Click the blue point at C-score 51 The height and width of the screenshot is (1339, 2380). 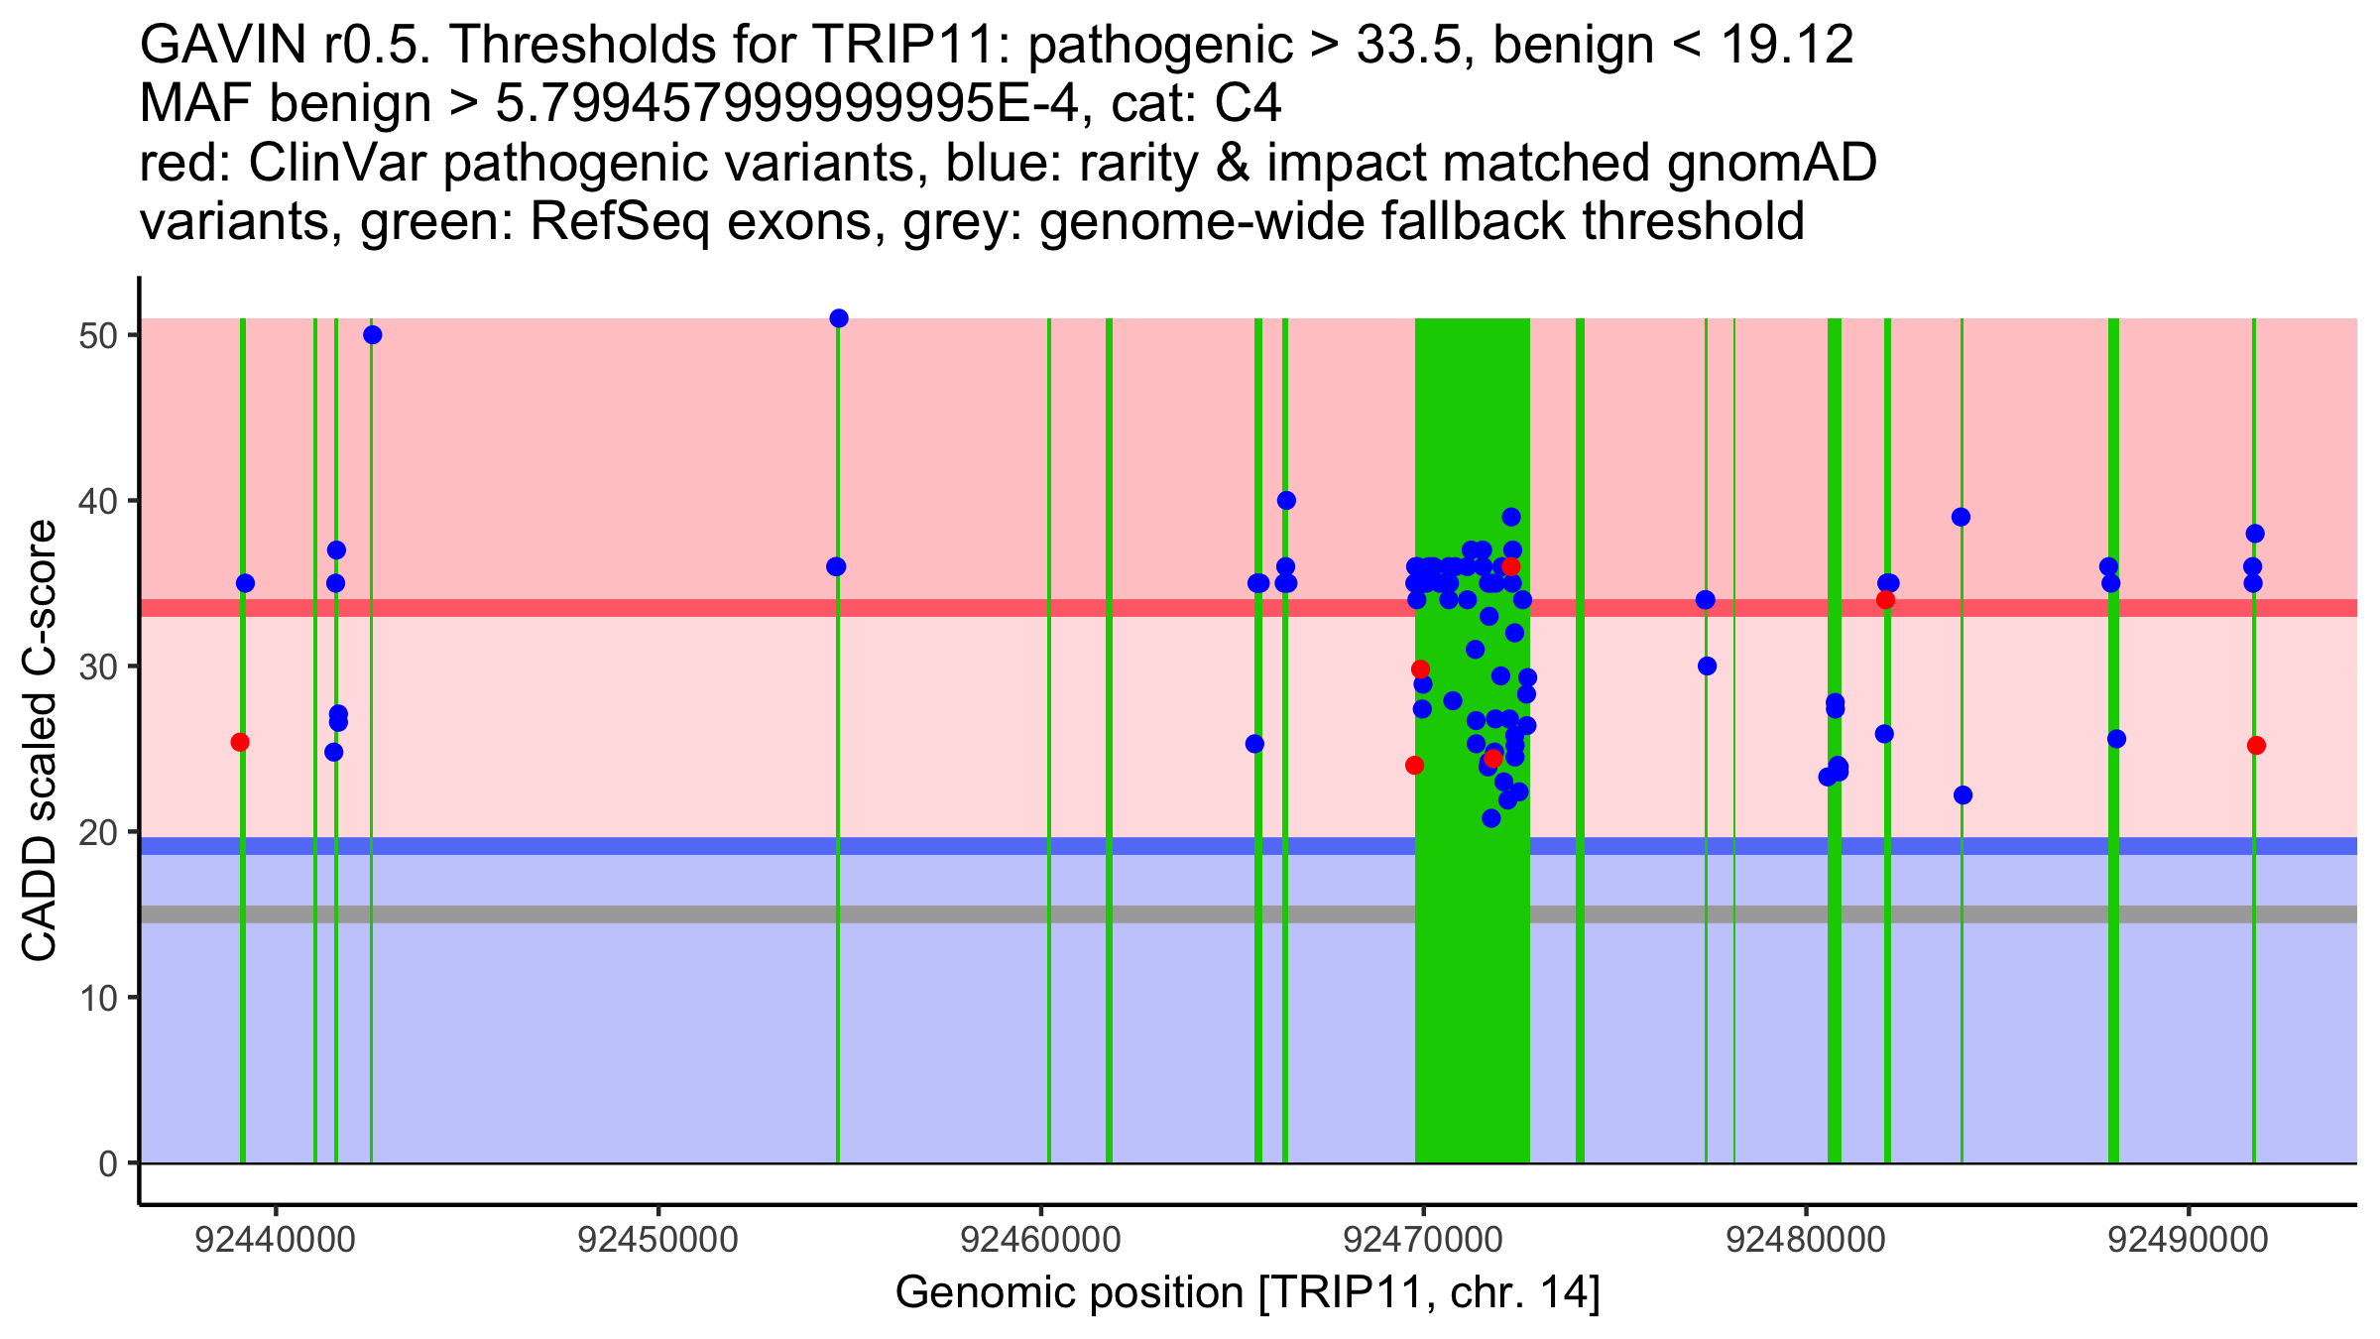(x=839, y=318)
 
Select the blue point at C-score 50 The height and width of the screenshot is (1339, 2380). (x=373, y=335)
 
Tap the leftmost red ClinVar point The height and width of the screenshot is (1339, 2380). (x=240, y=742)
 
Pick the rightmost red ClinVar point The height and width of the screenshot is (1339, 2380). (x=2256, y=746)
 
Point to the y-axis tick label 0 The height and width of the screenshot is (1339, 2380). (x=107, y=1163)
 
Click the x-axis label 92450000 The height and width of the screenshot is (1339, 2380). (x=658, y=1240)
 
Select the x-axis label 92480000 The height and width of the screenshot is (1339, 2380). (x=1806, y=1240)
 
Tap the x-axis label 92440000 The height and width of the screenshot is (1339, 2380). (x=276, y=1240)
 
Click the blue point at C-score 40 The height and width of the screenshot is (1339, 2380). (x=1286, y=501)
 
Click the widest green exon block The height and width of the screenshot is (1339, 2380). (x=1472, y=992)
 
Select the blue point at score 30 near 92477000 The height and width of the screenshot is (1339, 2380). (x=1707, y=666)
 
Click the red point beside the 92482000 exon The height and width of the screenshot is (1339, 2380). (x=1885, y=600)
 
